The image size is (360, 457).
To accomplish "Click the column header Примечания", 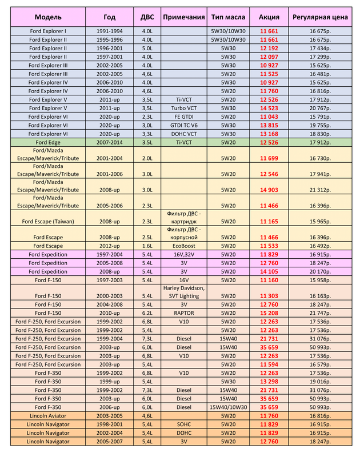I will tap(184, 17).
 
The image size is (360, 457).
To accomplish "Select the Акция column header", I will tap(269, 17).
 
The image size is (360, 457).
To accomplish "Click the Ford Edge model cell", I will tap(48, 142).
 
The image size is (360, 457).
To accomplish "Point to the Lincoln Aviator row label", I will tap(48, 416).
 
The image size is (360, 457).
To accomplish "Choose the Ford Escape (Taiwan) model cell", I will tap(48, 221).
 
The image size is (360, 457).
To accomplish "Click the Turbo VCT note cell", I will tap(184, 107).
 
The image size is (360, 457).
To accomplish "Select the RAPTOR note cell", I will tap(184, 314).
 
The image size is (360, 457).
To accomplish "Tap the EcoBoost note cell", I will tap(184, 246).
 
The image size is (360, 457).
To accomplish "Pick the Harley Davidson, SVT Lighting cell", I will tap(184, 291).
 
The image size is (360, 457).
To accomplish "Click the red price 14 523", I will tap(269, 107).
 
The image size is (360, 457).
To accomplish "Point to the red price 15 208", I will tap(269, 314).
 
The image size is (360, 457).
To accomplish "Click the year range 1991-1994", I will tap(109, 31).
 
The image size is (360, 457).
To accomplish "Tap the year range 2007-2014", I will tap(109, 142).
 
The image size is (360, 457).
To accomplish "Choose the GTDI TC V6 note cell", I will tap(184, 125).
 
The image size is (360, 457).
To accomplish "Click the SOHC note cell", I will tap(184, 424).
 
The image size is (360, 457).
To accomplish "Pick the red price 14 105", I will tap(269, 271).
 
